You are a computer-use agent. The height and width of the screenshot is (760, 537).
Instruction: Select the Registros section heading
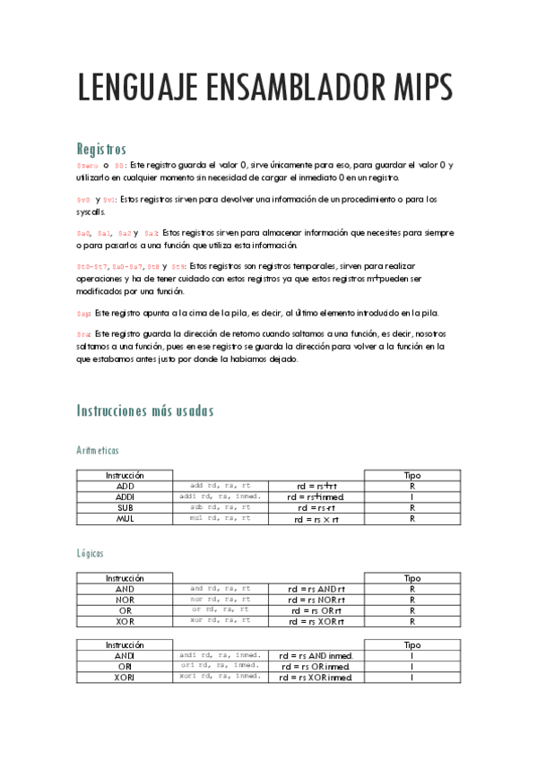101,149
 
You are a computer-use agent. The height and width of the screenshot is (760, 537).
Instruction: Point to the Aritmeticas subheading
98,450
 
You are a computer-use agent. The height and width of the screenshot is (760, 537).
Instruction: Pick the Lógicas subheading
91,554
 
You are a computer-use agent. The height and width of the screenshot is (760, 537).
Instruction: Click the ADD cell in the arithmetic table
125,486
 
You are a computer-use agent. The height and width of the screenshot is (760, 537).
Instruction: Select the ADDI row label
125,497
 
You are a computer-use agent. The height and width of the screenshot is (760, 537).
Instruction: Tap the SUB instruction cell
125,507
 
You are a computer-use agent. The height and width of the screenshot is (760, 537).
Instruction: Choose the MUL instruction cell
125,518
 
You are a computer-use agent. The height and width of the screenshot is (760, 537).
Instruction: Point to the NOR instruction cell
125,600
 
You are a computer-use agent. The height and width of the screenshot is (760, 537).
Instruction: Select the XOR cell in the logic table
125,620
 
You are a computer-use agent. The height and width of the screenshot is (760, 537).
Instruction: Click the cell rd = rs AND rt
316,589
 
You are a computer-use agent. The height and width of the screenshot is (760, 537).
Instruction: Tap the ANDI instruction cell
125,655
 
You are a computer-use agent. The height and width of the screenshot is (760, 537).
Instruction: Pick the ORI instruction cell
125,666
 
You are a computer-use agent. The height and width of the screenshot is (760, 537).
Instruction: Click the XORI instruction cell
125,677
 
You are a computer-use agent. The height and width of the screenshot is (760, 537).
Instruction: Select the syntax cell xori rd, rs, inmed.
220,677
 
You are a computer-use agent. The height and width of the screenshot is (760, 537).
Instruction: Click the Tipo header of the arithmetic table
412,475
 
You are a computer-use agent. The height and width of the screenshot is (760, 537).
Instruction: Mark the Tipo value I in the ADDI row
412,497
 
